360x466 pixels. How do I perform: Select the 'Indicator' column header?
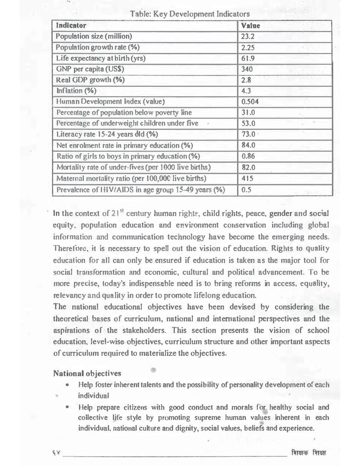(71, 26)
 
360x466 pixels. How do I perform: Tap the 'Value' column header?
(250, 26)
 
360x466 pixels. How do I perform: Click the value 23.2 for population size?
(248, 36)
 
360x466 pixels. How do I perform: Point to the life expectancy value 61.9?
(248, 58)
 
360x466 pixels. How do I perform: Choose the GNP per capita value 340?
(247, 69)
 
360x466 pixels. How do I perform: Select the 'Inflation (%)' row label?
(77, 90)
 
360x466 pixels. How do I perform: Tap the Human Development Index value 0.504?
(250, 101)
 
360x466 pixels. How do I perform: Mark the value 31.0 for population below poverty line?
(249, 112)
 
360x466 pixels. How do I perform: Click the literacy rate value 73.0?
(249, 134)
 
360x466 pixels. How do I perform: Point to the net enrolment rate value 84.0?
(249, 145)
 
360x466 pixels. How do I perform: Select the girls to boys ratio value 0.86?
(249, 156)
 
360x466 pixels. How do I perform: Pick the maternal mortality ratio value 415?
(247, 178)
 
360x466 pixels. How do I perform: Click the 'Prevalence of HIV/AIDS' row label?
(141, 190)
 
